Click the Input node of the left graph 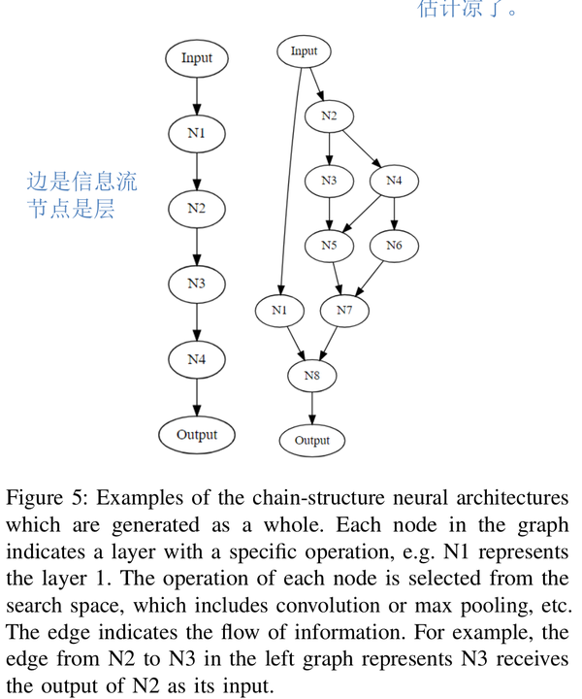196,58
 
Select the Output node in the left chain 197,435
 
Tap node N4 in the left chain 197,359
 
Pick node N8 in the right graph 311,375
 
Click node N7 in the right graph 344,311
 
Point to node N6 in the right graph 394,246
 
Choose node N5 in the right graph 329,246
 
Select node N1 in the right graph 280,311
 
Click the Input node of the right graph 304,50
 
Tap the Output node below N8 311,440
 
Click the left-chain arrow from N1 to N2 197,170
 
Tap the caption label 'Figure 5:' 48,498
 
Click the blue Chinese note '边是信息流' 81,181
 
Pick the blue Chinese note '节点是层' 71,209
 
